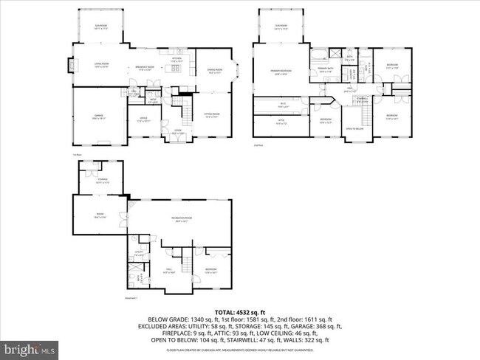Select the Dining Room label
(215, 71)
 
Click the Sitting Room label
(212, 116)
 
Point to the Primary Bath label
(326, 69)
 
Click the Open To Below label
(355, 128)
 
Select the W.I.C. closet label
(281, 104)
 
